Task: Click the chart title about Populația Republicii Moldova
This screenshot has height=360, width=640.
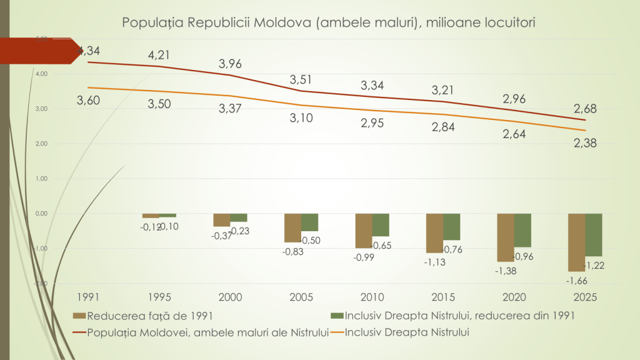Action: tap(329, 22)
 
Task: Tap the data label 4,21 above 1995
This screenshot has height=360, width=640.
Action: tap(159, 55)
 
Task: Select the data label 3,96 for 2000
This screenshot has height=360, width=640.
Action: tap(230, 64)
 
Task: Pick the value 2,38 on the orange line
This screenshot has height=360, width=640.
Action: tap(585, 143)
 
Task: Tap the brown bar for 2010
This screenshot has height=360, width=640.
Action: tap(364, 231)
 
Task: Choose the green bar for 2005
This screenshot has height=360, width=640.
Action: tap(309, 222)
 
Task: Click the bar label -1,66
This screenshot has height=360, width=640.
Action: tap(576, 281)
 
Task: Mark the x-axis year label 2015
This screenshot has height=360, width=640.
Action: tap(443, 297)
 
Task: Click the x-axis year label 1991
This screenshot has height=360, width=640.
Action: tap(88, 297)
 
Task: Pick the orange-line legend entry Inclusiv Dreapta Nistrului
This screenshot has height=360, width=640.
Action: tap(406, 332)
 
